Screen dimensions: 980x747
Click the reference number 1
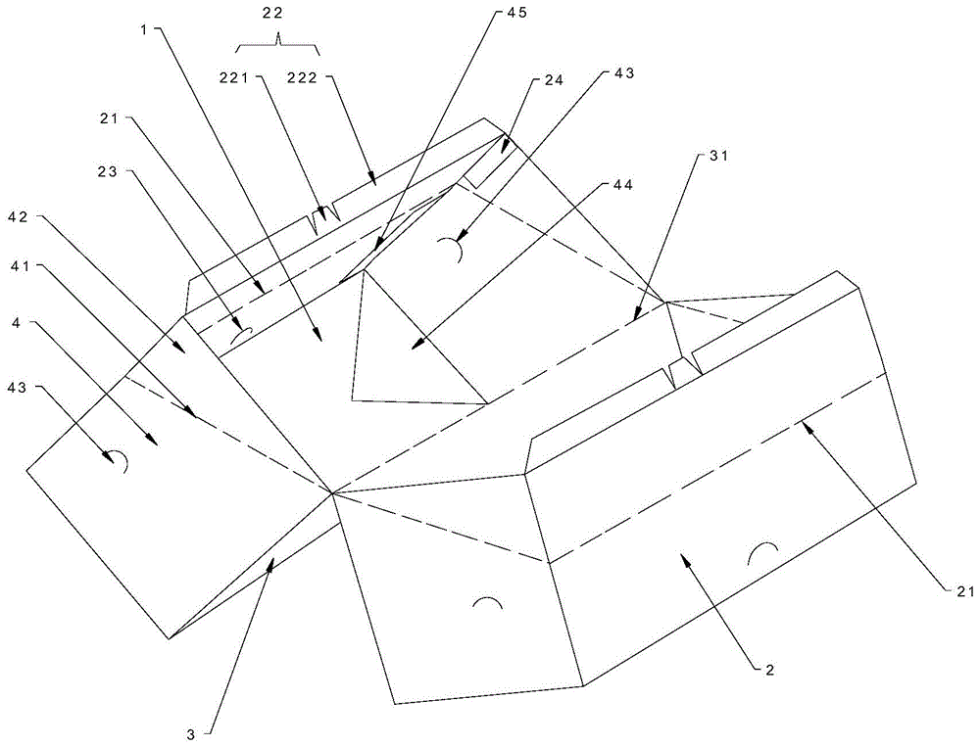[144, 29]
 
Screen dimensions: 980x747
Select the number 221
[234, 77]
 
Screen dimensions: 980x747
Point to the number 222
[304, 77]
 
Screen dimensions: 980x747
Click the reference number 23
[108, 171]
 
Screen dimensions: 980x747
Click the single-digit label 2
[770, 671]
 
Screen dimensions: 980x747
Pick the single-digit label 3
[191, 734]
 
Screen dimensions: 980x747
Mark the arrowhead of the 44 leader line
[415, 346]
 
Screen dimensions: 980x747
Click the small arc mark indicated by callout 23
[241, 335]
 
